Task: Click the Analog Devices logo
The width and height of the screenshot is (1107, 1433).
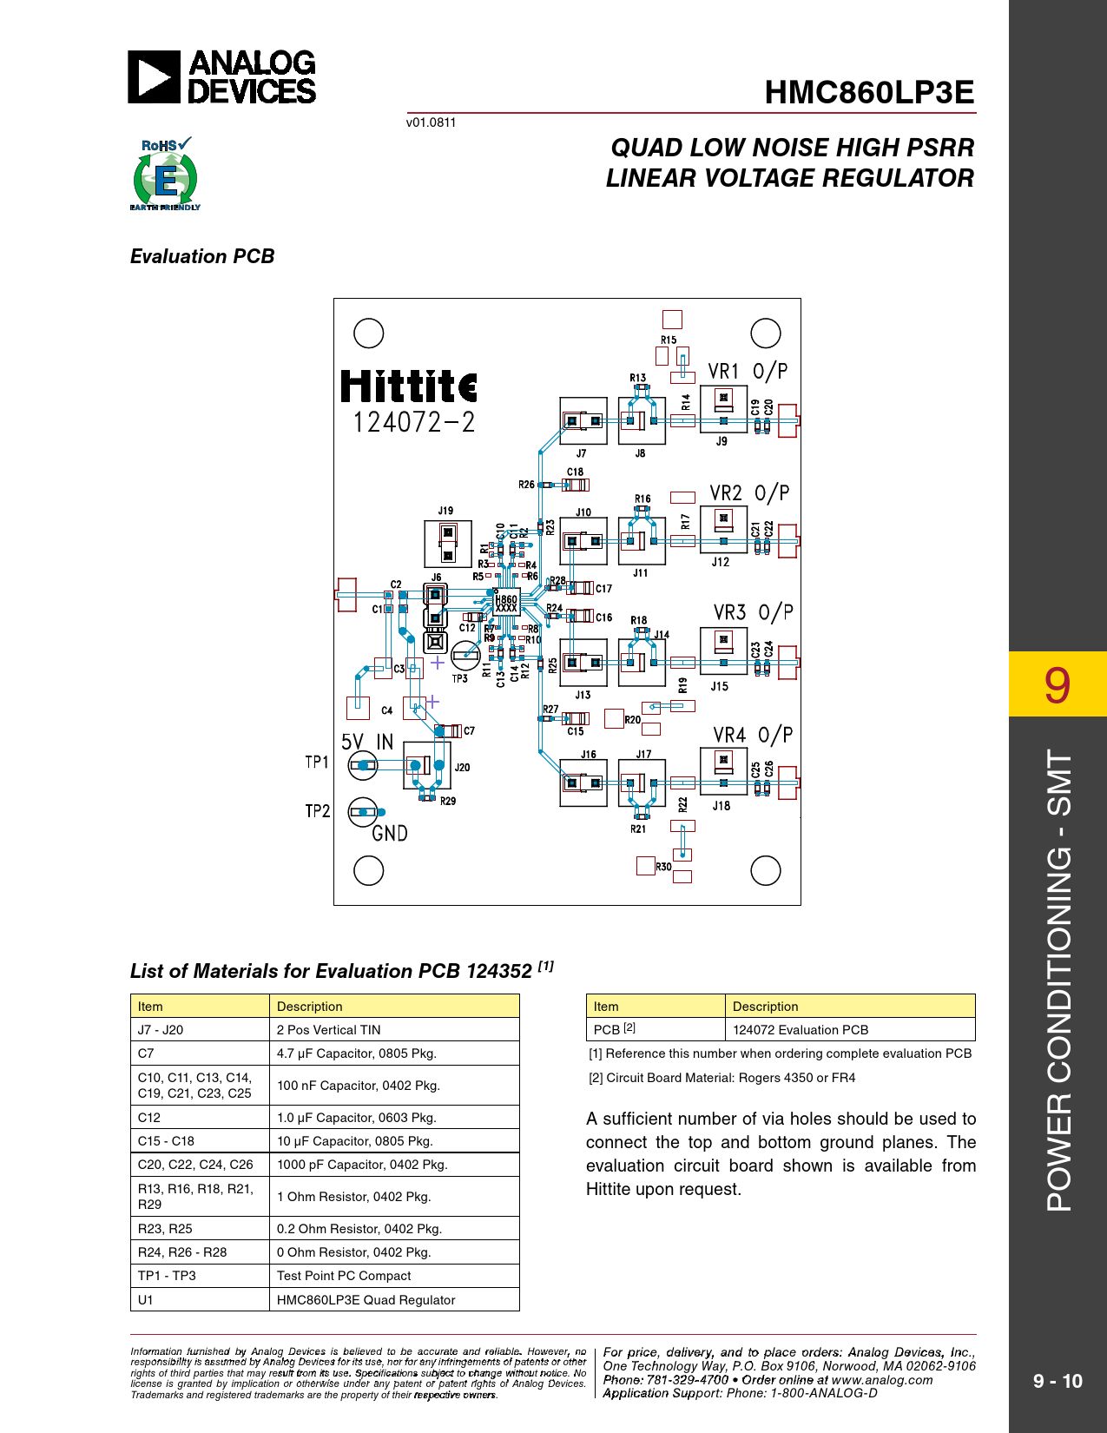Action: tap(222, 77)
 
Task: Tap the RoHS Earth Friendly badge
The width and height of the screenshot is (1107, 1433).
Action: tap(165, 175)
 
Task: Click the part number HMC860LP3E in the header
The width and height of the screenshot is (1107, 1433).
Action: tap(869, 92)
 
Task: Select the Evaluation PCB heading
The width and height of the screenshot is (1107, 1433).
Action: tap(202, 256)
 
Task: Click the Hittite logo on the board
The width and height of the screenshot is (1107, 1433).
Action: tap(408, 386)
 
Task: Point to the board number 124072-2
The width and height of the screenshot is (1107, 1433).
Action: tap(413, 423)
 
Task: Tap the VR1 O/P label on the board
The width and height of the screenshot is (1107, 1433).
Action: tap(748, 372)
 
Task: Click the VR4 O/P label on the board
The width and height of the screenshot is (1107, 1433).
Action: tap(753, 736)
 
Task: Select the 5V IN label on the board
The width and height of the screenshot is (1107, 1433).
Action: tap(367, 742)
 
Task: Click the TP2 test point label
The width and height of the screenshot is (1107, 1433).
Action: tap(318, 811)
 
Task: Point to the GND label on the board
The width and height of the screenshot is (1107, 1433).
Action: tap(390, 834)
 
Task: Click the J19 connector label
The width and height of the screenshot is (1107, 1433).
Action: tap(445, 511)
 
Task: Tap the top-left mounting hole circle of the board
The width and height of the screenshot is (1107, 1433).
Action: tap(369, 333)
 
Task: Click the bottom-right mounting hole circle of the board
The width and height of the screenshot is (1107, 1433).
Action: tap(765, 870)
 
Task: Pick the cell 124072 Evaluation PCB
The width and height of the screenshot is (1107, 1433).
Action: tap(801, 1030)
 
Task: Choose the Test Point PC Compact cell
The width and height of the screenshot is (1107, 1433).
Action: tap(344, 1276)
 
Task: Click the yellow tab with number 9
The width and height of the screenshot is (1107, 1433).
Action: tap(1058, 684)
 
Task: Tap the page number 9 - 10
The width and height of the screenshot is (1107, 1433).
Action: tap(1058, 1381)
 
